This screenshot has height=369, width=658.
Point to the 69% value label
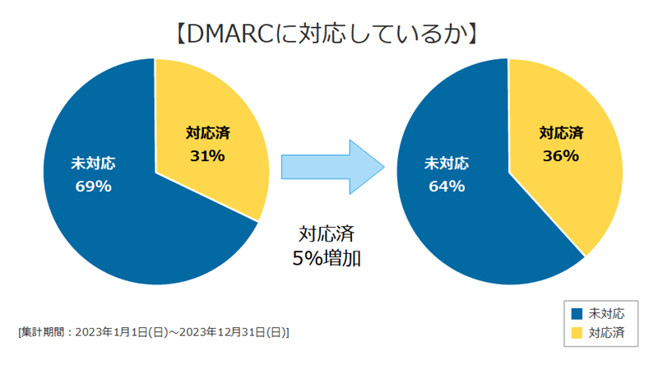click(93, 187)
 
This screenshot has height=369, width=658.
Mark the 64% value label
click(447, 187)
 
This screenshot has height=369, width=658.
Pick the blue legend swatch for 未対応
click(577, 313)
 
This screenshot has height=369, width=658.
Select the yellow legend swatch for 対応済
click(577, 333)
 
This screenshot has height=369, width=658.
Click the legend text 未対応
click(607, 313)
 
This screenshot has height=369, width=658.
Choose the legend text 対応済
click(607, 333)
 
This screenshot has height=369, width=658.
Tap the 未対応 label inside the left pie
click(93, 164)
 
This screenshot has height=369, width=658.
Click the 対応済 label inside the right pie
click(561, 132)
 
